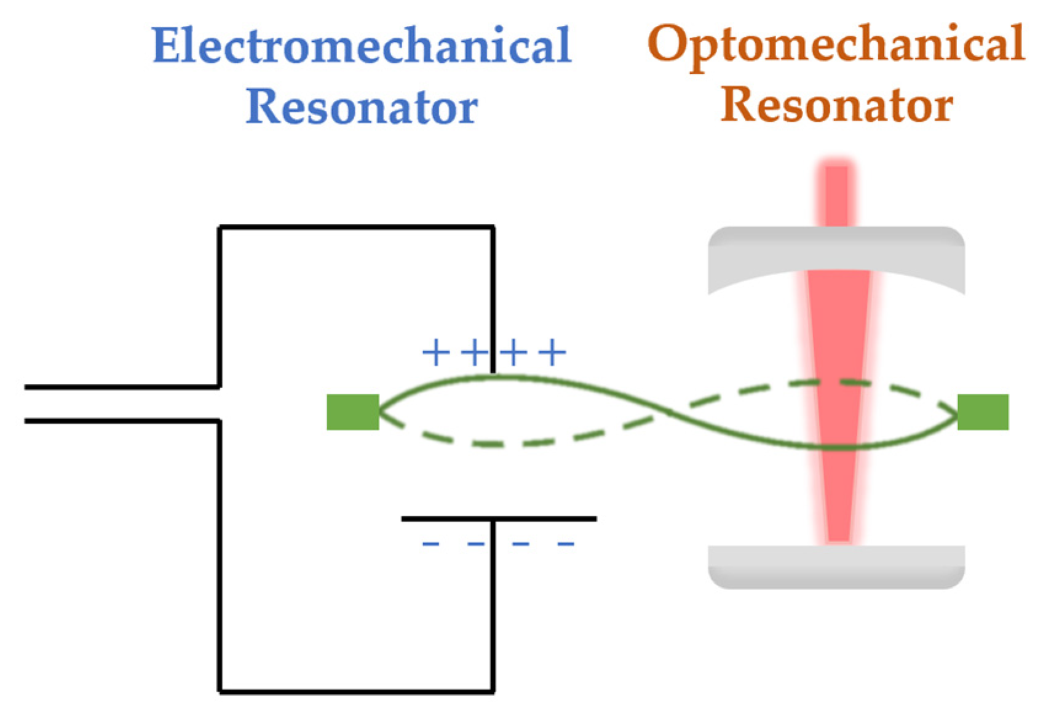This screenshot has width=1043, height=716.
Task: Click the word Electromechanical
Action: (362, 46)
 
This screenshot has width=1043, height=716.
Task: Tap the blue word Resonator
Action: (362, 107)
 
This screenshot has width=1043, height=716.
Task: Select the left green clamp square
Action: (352, 412)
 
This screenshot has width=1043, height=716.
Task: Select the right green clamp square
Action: (983, 412)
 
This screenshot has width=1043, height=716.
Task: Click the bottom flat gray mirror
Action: (836, 566)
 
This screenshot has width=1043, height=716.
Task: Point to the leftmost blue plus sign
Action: (435, 352)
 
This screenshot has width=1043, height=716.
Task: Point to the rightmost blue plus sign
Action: (552, 352)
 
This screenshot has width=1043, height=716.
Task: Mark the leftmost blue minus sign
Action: (430, 544)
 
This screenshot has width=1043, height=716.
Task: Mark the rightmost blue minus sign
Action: (566, 544)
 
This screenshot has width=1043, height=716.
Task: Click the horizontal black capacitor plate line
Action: (498, 519)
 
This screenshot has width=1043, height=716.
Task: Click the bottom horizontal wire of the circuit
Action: (357, 691)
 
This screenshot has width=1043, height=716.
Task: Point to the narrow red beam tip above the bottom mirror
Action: (838, 529)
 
